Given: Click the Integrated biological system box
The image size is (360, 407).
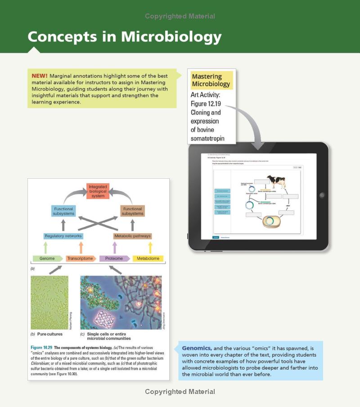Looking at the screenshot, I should (98, 191).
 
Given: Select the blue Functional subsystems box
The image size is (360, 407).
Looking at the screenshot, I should (63, 211).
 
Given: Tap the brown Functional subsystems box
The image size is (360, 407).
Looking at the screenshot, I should (132, 211).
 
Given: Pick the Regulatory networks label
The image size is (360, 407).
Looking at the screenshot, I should (63, 236).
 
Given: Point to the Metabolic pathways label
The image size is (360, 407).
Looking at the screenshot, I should (132, 236).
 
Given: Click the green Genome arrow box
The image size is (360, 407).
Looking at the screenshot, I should (48, 258).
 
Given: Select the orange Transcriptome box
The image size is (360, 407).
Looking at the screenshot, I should (81, 258).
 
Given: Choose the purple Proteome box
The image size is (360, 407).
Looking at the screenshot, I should (114, 258).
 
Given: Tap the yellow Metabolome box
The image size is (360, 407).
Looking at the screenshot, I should (148, 258).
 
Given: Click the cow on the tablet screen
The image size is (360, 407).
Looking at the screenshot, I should (275, 182).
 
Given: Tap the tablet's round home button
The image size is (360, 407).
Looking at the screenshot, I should (321, 195).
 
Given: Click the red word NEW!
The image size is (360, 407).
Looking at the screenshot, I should (40, 76).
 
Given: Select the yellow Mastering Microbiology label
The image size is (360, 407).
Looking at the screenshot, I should (211, 80).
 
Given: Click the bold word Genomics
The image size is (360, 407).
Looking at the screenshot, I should (197, 348).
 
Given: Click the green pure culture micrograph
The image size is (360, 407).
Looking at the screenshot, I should (49, 303).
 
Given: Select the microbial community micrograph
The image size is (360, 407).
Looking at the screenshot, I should (121, 303).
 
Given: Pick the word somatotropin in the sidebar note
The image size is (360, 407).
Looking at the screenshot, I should (207, 138).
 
